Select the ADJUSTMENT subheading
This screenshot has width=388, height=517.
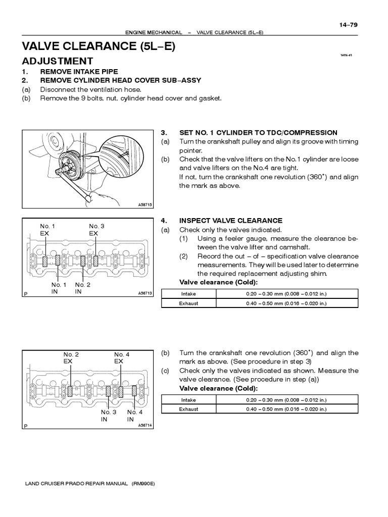(x=57, y=61)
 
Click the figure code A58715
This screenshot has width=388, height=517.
(x=144, y=204)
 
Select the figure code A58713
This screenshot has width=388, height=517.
(x=144, y=293)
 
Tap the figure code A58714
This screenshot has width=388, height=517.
(x=144, y=425)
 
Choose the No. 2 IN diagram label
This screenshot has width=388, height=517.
(x=82, y=288)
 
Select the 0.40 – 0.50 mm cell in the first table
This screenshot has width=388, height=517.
(x=294, y=303)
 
